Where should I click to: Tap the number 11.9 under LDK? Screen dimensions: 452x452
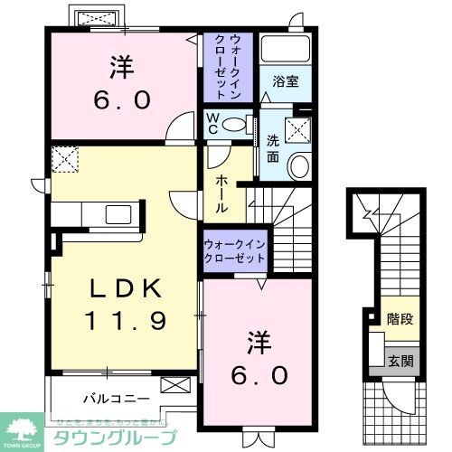point(127,319)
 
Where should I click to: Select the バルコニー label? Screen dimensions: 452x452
point(111,395)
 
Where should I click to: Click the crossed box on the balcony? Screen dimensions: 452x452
point(174,385)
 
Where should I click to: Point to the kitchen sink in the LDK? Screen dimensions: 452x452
point(118,215)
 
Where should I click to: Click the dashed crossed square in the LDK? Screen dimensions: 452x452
point(64,161)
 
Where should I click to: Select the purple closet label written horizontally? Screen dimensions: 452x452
point(234,250)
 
